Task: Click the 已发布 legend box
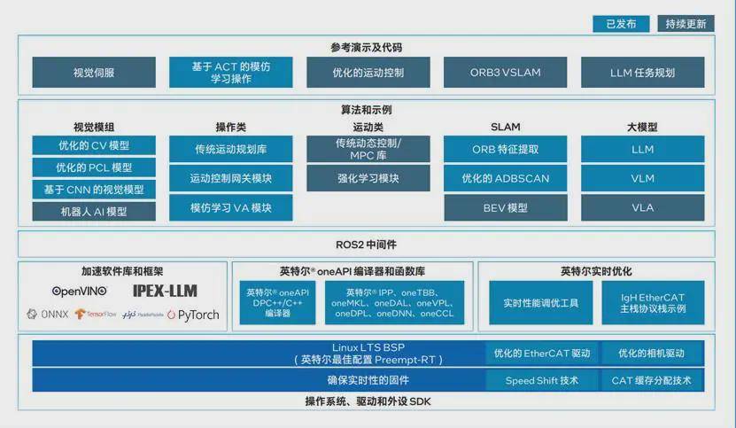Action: click(621, 24)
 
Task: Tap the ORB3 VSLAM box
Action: click(506, 72)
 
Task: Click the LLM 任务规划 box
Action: click(643, 72)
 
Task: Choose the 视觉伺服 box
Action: click(94, 72)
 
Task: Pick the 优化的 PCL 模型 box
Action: click(94, 167)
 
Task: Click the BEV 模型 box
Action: click(506, 207)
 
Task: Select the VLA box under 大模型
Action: click(643, 207)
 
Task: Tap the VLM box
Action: click(643, 178)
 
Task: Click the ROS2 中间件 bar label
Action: click(367, 244)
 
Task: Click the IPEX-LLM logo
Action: click(165, 291)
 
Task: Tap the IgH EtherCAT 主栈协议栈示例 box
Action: click(653, 303)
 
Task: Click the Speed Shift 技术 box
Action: click(541, 380)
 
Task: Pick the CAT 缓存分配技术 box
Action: click(653, 380)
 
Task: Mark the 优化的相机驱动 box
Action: click(653, 354)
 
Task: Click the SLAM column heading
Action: click(506, 127)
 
